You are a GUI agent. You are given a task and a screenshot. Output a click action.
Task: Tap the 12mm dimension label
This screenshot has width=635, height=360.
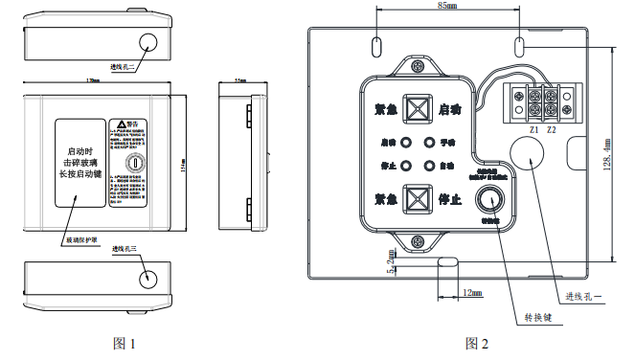coord(471,292)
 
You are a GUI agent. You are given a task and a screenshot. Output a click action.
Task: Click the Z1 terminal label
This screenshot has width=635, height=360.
coord(533,128)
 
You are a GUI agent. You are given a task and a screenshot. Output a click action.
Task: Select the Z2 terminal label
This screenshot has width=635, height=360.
coord(553,128)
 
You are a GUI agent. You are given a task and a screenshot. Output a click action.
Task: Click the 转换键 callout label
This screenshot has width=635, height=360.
coord(536,316)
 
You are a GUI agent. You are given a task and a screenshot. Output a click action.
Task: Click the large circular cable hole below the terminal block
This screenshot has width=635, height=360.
coord(524,154)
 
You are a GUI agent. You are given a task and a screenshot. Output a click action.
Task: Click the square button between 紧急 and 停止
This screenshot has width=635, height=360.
coord(417,200)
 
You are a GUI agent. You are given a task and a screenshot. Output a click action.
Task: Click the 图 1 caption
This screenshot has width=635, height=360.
coord(124,343)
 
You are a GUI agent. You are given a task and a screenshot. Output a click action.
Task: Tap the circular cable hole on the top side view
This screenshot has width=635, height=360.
coord(148,43)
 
